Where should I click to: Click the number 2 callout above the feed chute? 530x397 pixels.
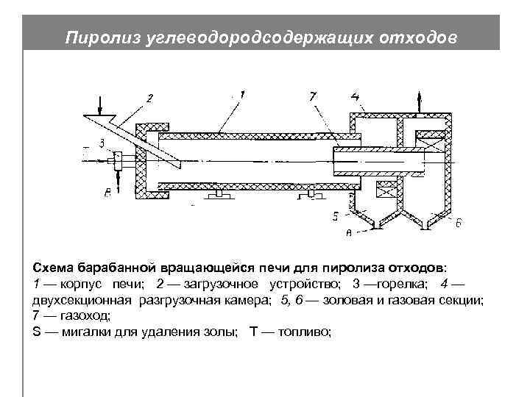click(150, 98)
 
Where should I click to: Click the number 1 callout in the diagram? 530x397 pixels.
click(243, 95)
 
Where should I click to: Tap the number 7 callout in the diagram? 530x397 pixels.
click(313, 96)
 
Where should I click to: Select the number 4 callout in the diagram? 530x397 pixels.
click(356, 96)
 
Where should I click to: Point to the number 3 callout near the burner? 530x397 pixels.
click(102, 142)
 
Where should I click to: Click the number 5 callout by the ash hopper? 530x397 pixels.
click(336, 215)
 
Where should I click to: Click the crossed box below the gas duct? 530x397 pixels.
click(386, 190)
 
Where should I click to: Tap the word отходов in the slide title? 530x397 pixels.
click(424, 37)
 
